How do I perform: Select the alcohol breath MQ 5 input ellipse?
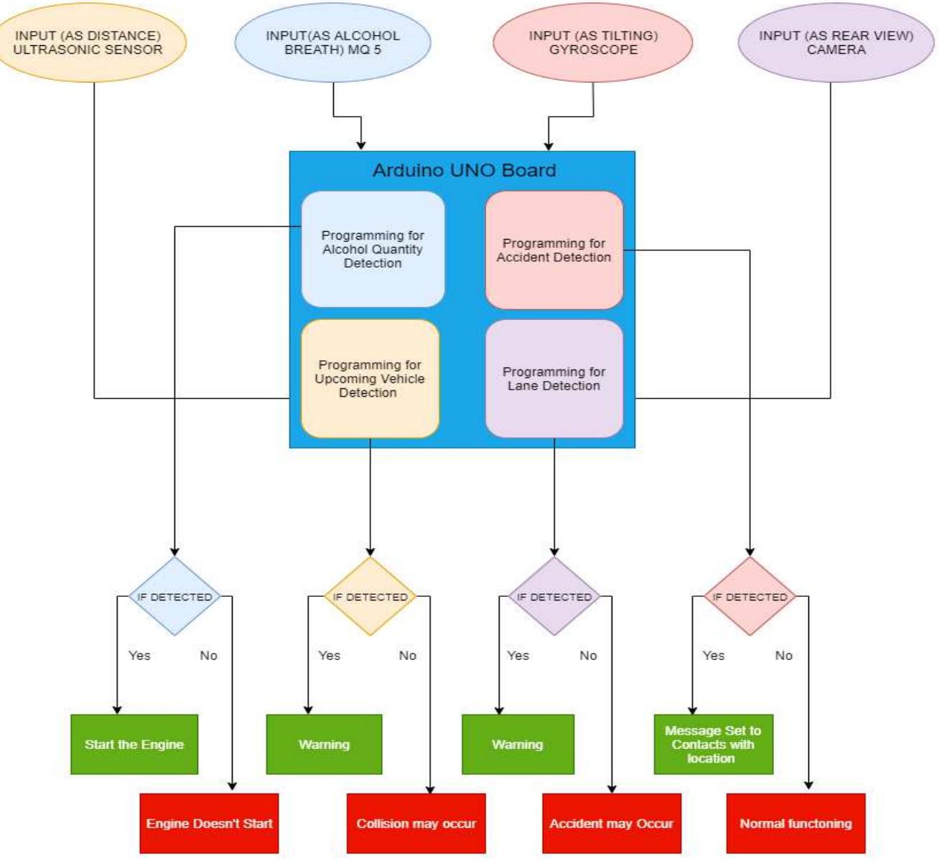click(332, 43)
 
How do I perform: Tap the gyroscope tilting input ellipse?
click(593, 43)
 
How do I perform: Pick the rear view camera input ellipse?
click(836, 43)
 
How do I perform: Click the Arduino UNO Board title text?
click(464, 171)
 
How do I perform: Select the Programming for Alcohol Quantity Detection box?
click(373, 249)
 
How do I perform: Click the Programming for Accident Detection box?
click(553, 250)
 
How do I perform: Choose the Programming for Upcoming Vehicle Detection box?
click(370, 379)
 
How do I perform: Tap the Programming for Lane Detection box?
click(553, 379)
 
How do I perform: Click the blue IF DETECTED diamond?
click(174, 596)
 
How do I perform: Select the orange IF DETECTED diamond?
click(370, 596)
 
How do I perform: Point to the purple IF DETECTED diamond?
click(554, 596)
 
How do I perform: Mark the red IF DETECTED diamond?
click(749, 596)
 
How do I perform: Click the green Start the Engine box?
click(134, 745)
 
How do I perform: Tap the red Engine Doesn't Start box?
click(209, 824)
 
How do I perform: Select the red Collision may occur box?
click(416, 824)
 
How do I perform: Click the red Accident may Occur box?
click(612, 824)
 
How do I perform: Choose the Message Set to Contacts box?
click(713, 745)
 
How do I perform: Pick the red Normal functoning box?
click(795, 824)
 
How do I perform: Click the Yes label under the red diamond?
click(714, 656)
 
